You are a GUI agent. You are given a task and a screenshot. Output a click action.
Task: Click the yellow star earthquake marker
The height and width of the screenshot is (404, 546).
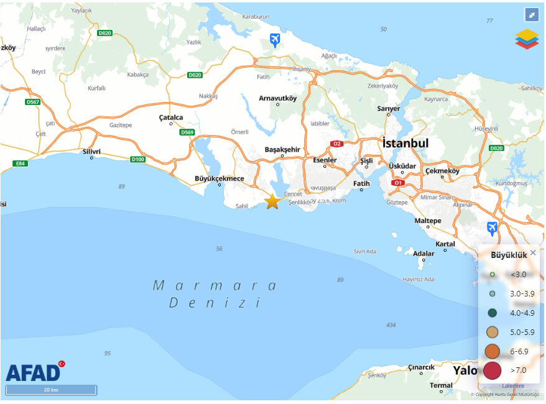tap(272, 201)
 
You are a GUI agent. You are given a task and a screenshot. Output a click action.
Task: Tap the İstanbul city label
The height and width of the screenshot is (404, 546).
tap(405, 144)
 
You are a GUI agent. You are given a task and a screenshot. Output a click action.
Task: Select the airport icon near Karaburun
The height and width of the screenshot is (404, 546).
tap(275, 41)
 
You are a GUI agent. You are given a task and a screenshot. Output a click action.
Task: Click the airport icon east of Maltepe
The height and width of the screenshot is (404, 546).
tap(493, 228)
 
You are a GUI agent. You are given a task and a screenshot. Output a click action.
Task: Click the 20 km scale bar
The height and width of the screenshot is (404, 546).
tap(51, 390)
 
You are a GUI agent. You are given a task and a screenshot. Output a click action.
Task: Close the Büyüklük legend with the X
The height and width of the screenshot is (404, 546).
tap(533, 252)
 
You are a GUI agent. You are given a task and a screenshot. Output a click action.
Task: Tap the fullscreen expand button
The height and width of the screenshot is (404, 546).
tap(531, 14)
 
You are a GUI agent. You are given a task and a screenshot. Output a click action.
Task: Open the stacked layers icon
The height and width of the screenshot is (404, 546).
tap(527, 39)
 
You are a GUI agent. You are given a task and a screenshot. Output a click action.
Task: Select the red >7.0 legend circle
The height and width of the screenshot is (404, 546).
tap(493, 370)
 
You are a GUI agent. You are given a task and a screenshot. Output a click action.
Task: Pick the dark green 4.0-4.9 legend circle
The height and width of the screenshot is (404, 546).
tap(493, 313)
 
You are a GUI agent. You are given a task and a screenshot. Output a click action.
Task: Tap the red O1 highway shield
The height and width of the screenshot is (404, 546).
tap(399, 183)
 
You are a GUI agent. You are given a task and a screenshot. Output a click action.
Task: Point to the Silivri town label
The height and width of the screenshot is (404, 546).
tap(91, 151)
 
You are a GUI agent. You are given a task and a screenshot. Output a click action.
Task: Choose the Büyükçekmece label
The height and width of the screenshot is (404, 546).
tap(220, 178)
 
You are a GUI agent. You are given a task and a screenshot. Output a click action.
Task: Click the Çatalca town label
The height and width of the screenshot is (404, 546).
tap(171, 117)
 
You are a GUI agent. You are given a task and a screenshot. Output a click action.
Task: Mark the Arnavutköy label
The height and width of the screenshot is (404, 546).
tap(278, 98)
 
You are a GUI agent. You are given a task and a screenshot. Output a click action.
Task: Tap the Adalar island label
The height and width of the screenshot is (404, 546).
tap(423, 254)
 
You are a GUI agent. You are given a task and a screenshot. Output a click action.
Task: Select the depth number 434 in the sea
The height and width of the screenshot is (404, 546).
tap(391, 325)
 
